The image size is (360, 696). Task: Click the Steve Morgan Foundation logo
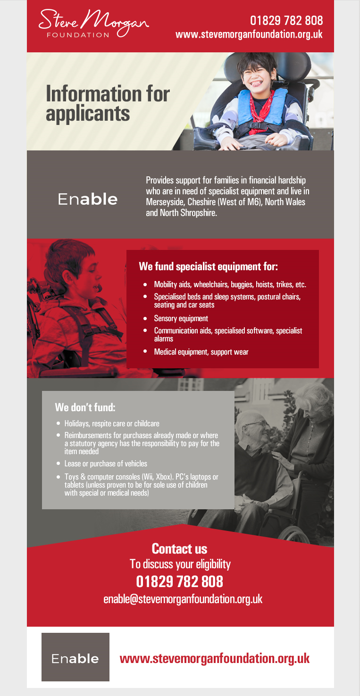(x=93, y=24)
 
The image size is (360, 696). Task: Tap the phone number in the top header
(x=286, y=20)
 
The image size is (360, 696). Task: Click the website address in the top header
(x=249, y=34)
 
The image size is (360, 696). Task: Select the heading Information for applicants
(x=108, y=103)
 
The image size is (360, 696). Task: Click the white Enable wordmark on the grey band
(x=88, y=199)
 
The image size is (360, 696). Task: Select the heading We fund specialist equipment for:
(x=208, y=266)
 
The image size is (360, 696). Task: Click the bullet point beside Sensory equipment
(x=145, y=318)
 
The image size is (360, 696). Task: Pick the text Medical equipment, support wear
(x=201, y=352)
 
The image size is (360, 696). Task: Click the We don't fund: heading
(x=85, y=407)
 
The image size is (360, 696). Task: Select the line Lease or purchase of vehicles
(x=106, y=464)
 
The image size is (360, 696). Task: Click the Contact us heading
(x=179, y=549)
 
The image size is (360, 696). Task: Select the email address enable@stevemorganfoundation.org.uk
(x=183, y=599)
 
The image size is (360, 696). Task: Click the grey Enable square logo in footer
(x=75, y=657)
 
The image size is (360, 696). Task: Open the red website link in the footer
(x=215, y=658)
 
